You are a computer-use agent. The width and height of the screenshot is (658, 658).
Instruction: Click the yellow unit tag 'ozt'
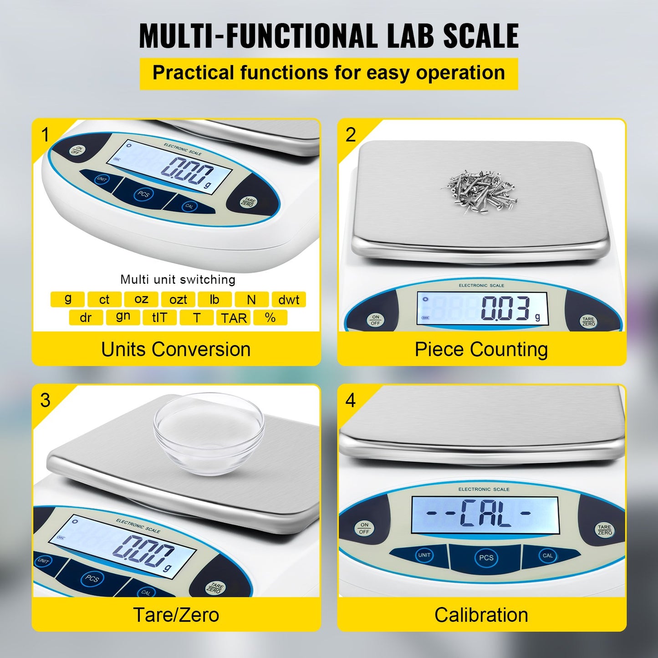178,300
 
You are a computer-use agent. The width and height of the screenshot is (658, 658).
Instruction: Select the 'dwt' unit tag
289,300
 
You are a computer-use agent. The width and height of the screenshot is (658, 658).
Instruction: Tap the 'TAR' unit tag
234,318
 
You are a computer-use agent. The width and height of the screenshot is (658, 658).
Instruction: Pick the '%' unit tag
270,318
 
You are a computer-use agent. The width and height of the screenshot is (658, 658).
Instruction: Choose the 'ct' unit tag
104,300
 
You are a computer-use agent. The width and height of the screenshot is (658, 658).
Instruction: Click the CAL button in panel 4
547,556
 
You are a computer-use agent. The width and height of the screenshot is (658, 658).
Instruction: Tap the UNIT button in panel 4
424,555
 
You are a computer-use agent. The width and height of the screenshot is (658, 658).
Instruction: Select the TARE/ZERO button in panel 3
214,587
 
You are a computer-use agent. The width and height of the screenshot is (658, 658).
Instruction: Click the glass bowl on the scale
209,433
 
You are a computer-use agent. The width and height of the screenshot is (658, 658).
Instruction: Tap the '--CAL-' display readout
485,513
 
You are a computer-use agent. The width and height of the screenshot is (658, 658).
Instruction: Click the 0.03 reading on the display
505,308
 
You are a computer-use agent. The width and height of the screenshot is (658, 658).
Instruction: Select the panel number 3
45,400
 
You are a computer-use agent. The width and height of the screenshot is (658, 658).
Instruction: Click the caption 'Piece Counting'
481,349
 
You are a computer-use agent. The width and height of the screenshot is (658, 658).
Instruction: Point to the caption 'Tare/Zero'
176,615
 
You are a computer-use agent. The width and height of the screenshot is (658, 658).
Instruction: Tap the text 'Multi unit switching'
178,280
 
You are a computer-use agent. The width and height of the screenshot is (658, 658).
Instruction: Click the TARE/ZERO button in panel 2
588,321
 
